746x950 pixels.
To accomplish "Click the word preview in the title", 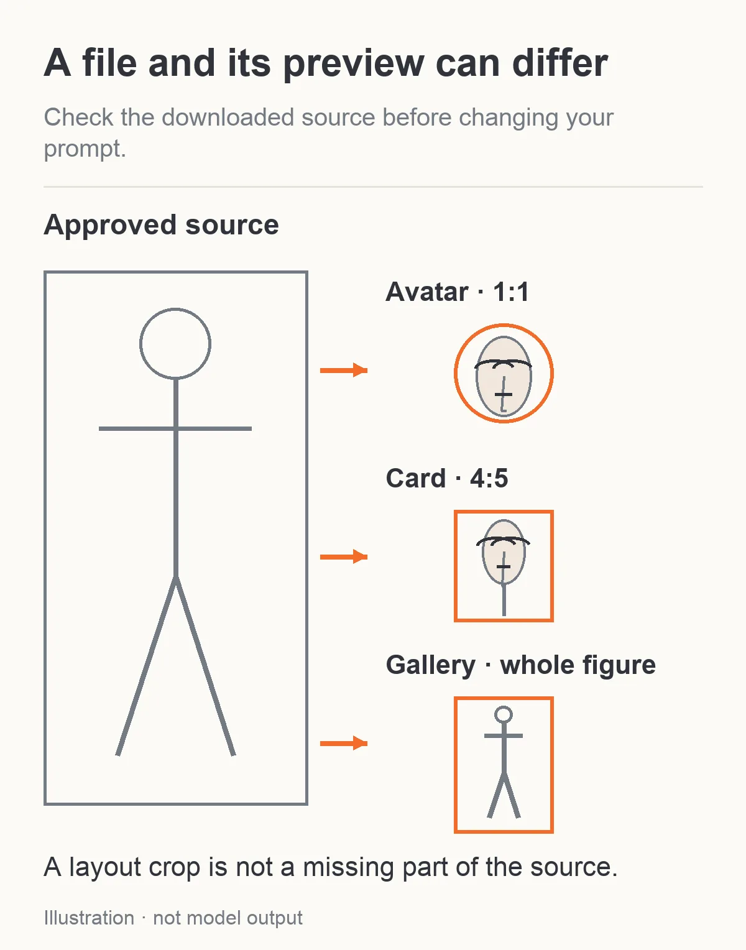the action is coord(354,64).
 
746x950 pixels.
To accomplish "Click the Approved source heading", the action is coord(161,226).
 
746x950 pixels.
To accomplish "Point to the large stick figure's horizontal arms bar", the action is coord(175,428).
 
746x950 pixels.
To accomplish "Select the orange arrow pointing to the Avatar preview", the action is coord(344,371).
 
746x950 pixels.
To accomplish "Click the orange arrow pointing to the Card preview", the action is coord(344,556).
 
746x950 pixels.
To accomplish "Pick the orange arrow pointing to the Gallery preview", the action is coord(344,743).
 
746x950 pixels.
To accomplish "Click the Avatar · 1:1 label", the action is coord(457,292).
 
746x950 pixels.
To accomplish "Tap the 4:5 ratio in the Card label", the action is coord(489,478).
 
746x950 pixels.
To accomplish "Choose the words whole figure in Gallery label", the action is coord(578,665).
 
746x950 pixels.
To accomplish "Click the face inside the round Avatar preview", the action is coord(504,376).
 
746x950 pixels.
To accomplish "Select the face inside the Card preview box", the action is coord(504,551).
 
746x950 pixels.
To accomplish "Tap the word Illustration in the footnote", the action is coord(89,918).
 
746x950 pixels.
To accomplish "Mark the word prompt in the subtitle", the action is coord(85,149).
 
